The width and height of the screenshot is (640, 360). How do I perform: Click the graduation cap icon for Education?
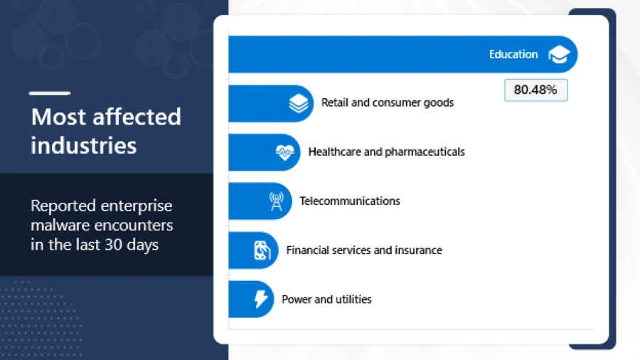[559, 55]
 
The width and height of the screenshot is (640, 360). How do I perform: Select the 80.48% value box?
[535, 90]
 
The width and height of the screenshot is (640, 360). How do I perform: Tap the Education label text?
[513, 55]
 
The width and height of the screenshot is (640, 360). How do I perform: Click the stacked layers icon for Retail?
[299, 104]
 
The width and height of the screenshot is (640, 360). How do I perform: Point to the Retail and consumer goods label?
[387, 102]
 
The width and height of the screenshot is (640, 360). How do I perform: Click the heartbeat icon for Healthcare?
[284, 152]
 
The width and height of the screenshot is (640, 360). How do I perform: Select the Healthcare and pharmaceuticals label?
[386, 152]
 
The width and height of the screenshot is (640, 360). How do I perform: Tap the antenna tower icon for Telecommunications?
[276, 201]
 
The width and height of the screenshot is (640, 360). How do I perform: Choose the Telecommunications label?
[349, 201]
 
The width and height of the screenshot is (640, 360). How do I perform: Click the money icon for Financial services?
[261, 250]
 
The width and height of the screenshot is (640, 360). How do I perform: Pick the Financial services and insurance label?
[363, 250]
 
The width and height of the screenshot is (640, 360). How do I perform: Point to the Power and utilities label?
[326, 300]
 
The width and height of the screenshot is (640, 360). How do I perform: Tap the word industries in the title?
[83, 145]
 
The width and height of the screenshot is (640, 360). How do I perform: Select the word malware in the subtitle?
[58, 226]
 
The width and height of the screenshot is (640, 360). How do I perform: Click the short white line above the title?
[49, 92]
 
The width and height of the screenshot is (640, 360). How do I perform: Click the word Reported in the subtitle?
[63, 206]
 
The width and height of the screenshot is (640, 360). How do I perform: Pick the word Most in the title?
[52, 117]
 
